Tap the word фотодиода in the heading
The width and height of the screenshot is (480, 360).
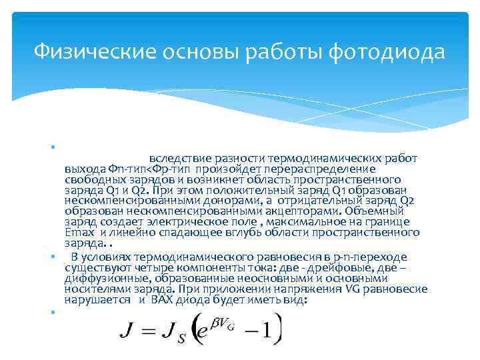point(387,53)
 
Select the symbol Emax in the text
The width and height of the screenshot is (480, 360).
point(79,233)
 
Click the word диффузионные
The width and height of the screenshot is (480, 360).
point(108,279)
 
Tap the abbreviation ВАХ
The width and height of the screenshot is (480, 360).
point(162,299)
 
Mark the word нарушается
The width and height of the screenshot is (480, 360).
point(97,300)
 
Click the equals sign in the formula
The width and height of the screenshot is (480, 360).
point(149,331)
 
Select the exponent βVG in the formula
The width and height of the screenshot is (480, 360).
point(223,324)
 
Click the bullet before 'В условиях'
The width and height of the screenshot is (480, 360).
point(53,256)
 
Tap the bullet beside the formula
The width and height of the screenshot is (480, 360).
point(53,312)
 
